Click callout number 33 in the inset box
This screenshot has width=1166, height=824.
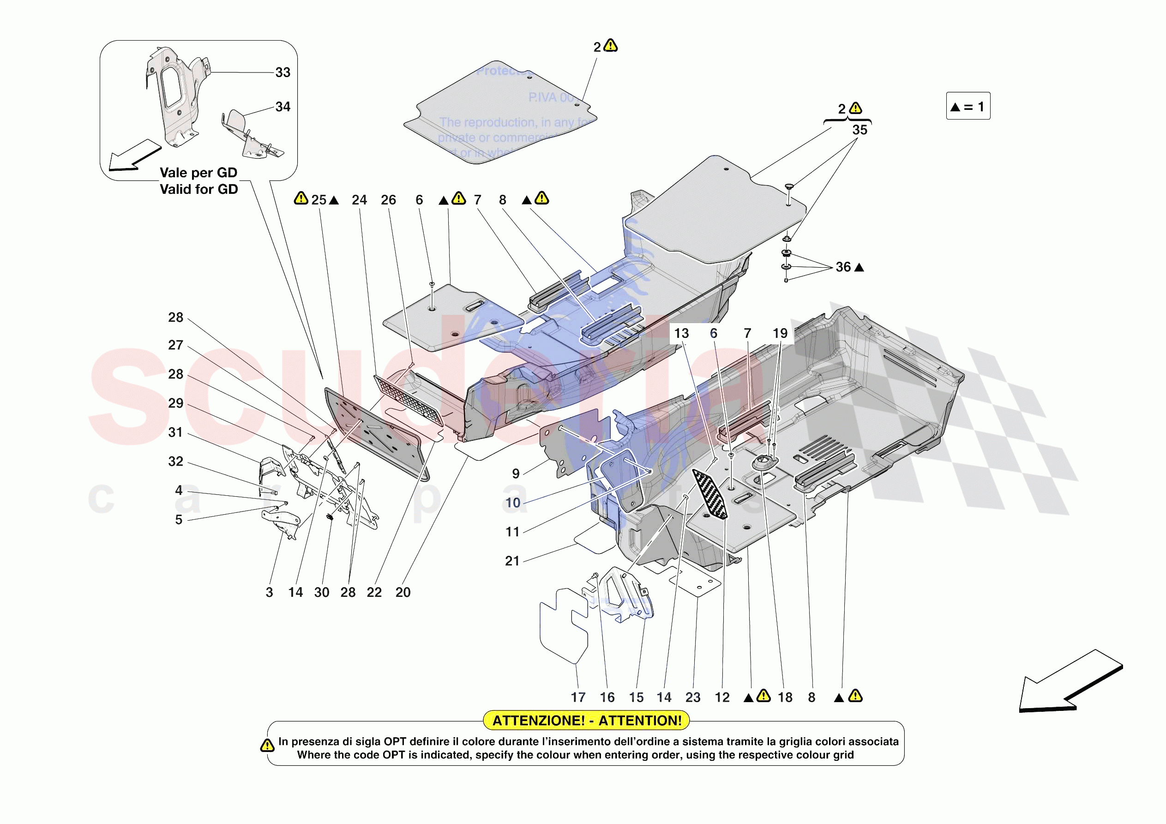(x=282, y=72)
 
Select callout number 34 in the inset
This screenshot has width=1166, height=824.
(x=282, y=107)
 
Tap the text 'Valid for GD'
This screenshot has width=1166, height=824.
(x=198, y=189)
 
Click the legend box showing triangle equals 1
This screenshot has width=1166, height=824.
(x=968, y=106)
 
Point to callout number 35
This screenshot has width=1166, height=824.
(x=859, y=130)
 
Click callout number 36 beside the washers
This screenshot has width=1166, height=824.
(x=843, y=267)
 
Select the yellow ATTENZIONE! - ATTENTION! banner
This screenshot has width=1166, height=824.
(x=587, y=720)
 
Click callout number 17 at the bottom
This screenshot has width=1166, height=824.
(x=578, y=698)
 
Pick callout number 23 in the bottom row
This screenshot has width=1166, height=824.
(x=693, y=698)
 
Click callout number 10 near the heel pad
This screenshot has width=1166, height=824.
(x=512, y=503)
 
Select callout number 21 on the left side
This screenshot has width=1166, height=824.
(x=512, y=561)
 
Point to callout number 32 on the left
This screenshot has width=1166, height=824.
(x=175, y=461)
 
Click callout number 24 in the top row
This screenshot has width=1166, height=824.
(x=359, y=200)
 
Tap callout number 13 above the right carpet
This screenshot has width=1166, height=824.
(x=681, y=333)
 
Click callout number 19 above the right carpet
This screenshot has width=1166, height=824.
(x=780, y=333)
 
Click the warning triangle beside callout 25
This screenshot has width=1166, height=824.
(x=301, y=198)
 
